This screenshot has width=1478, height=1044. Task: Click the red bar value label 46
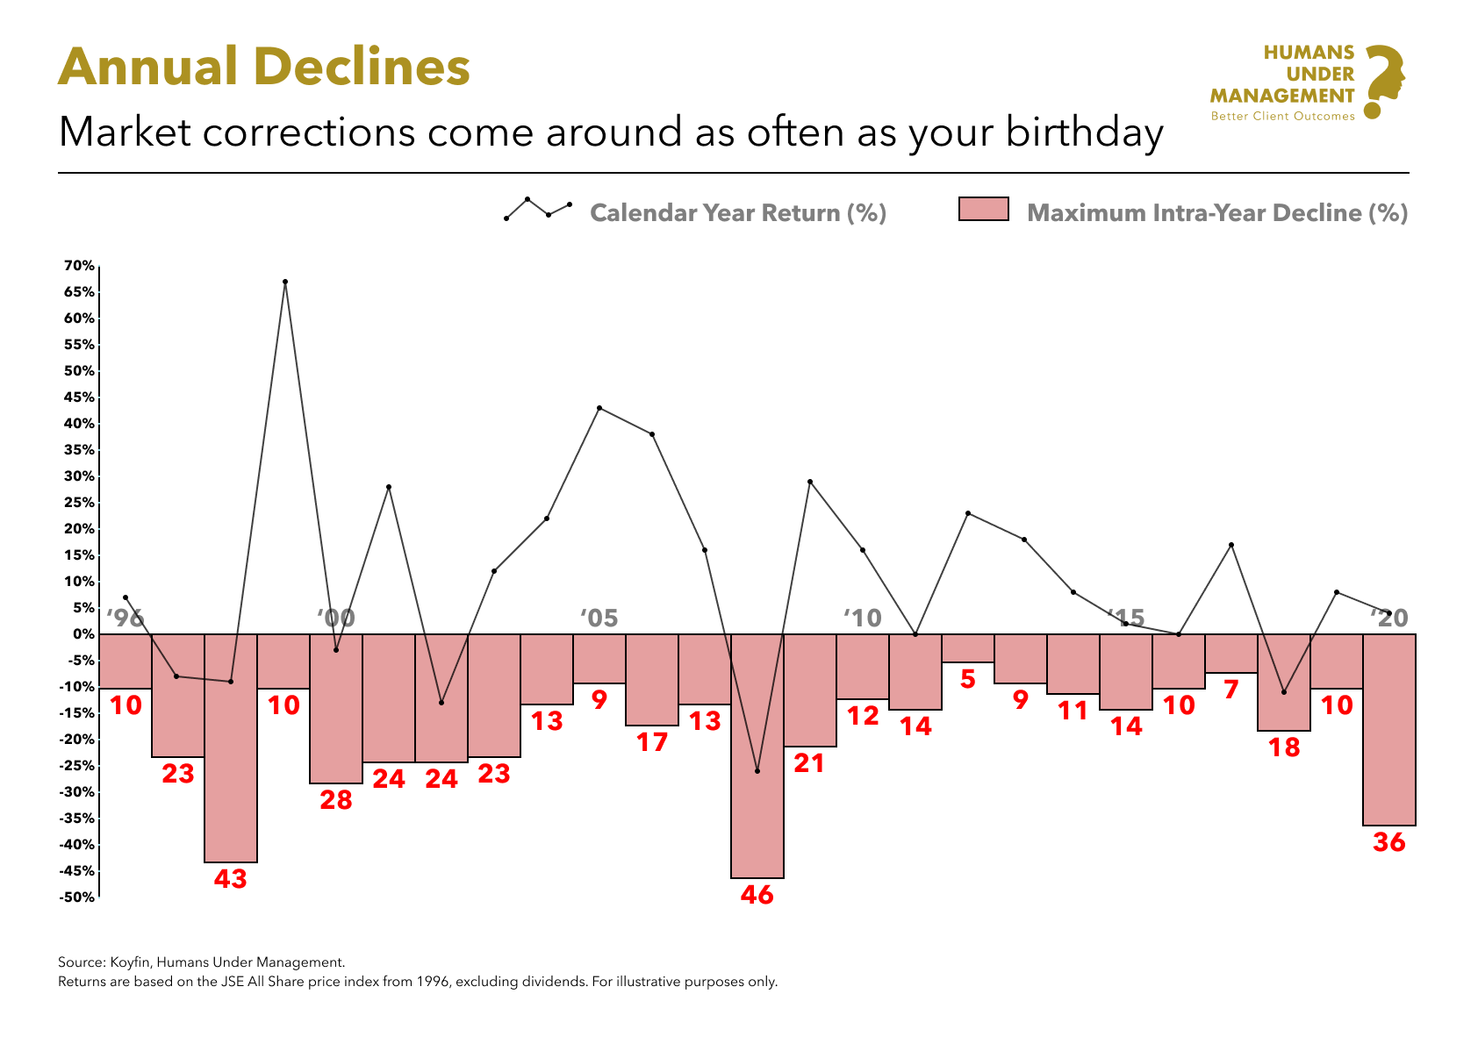pos(757,895)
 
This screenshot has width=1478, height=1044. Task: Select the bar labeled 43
pos(231,747)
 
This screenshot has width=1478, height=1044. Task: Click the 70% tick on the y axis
pos(79,266)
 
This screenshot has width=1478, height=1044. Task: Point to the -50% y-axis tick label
pos(77,897)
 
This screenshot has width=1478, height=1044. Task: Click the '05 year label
pos(599,619)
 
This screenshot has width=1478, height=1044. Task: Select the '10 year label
pos(863,619)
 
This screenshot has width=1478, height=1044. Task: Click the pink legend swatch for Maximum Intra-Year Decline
pos(983,210)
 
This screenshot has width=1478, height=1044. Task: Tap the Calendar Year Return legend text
pos(737,213)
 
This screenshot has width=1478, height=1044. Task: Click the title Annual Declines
pos(264,67)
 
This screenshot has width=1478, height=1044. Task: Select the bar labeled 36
pos(1388,729)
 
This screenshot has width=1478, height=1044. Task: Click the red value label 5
pos(967,680)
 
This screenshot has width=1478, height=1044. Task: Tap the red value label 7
pos(1230,690)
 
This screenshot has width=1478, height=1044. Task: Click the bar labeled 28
pos(336,708)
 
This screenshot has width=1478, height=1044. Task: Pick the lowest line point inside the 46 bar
pos(757,771)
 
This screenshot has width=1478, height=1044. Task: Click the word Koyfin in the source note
pos(129,962)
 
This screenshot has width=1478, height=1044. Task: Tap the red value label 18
pos(1284,747)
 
